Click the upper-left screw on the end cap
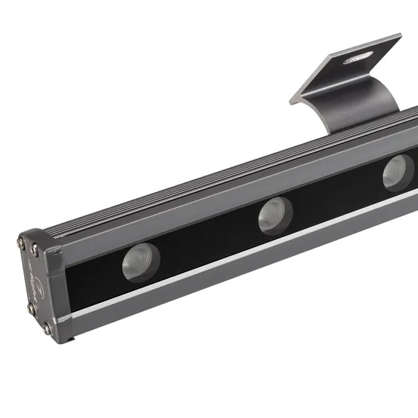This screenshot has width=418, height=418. (21, 242)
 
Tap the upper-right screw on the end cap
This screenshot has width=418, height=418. (35, 252)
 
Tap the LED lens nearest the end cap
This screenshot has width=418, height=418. (141, 261)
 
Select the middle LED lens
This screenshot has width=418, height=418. (276, 215)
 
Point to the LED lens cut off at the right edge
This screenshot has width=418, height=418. (398, 172)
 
